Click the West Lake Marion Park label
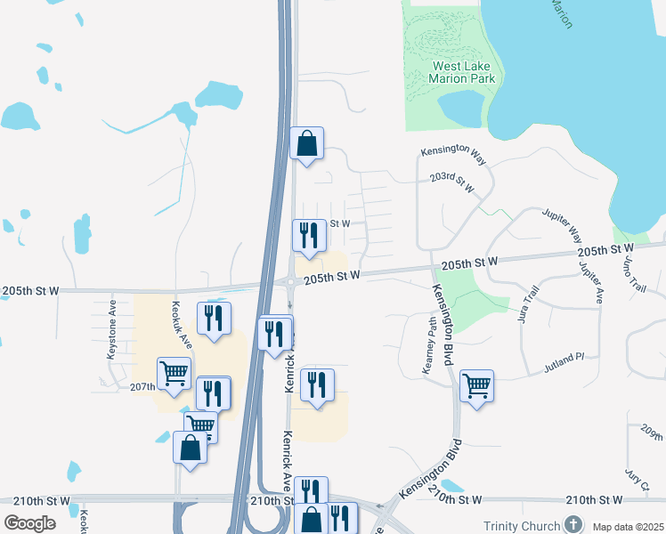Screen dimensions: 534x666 click(x=463, y=72)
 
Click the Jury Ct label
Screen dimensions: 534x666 click(x=636, y=481)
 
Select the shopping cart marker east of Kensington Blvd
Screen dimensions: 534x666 click(x=477, y=386)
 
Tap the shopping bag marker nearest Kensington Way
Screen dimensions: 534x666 click(x=306, y=143)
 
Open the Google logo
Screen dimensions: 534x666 click(x=29, y=523)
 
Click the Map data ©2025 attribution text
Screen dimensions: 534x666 click(x=627, y=527)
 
